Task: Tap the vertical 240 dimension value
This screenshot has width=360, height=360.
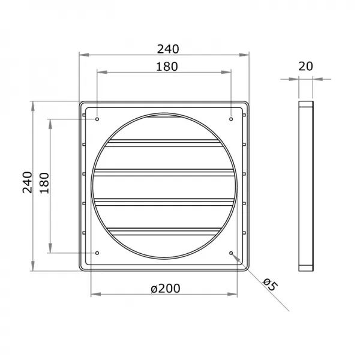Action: coord(27,182)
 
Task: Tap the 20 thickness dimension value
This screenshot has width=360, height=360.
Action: coord(306,67)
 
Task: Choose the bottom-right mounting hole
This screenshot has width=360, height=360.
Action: coord(232,253)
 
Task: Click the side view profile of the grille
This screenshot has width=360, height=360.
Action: coord(306,186)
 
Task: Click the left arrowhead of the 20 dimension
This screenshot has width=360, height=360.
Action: coord(296,78)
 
